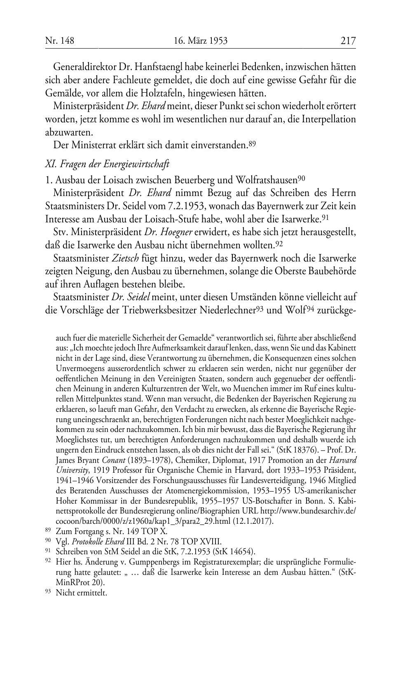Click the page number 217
coord(348,41)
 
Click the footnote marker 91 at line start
coord(48,551)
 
